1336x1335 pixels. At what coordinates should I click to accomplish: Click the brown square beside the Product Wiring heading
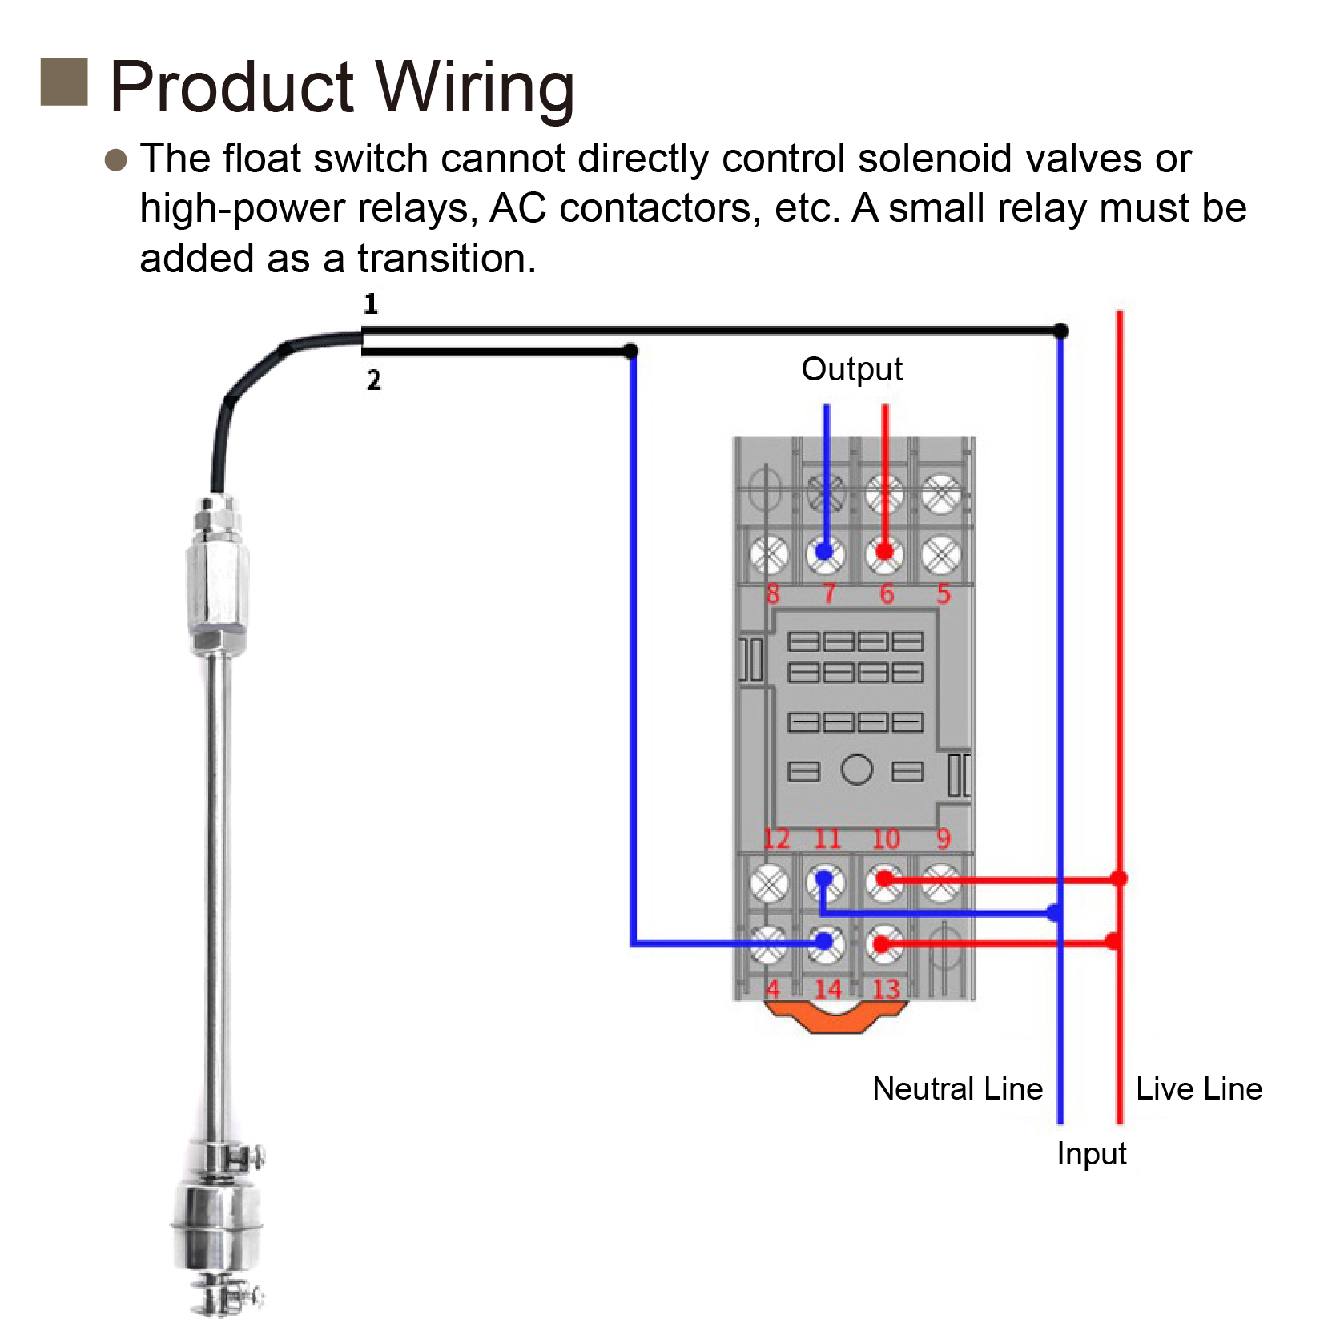(x=64, y=82)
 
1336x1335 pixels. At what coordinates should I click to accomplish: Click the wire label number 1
(x=370, y=304)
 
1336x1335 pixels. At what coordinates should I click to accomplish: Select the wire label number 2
(x=373, y=380)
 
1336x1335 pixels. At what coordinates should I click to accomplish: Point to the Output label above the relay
(x=851, y=369)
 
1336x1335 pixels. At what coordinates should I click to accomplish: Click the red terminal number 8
(x=772, y=593)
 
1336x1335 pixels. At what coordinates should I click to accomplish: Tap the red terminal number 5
(x=944, y=593)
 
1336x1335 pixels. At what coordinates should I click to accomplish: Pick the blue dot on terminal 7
(x=825, y=551)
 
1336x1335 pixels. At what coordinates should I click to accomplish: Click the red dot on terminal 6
(x=884, y=551)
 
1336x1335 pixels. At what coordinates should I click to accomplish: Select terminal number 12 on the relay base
(x=775, y=838)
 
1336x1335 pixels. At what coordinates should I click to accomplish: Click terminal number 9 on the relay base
(x=944, y=838)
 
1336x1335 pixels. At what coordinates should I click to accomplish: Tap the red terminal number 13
(x=886, y=989)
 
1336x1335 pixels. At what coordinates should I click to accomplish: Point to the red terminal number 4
(x=772, y=989)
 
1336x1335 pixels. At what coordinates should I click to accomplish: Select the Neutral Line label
(x=957, y=1088)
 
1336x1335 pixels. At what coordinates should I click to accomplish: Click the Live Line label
(x=1198, y=1088)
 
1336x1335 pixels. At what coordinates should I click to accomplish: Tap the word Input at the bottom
(x=1091, y=1153)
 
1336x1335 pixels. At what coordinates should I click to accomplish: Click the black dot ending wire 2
(x=630, y=351)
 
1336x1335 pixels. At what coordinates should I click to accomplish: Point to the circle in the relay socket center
(x=856, y=770)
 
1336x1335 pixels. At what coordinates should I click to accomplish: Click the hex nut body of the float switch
(x=217, y=585)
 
